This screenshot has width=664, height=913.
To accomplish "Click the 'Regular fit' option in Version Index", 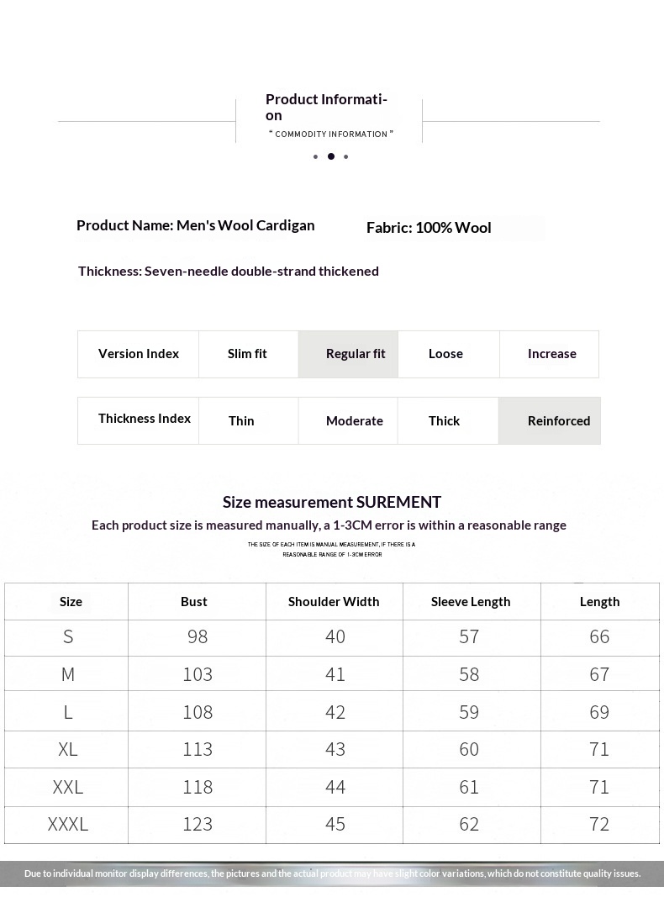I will pyautogui.click(x=355, y=354).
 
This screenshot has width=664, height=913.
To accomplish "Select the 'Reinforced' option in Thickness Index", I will pyautogui.click(x=558, y=420).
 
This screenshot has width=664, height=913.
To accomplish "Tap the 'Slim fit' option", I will pyautogui.click(x=247, y=354).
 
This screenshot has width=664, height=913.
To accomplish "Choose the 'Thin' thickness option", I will pyautogui.click(x=241, y=420).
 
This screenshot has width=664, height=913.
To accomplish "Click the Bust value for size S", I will pyautogui.click(x=198, y=637).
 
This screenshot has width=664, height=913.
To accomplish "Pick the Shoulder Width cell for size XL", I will pyautogui.click(x=335, y=749).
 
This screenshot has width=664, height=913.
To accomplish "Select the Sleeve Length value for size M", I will pyautogui.click(x=469, y=674).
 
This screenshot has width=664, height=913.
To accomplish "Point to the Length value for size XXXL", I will pyautogui.click(x=599, y=824).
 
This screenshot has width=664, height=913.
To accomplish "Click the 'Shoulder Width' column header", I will pyautogui.click(x=334, y=601).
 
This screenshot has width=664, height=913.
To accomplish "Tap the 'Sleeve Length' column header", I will pyautogui.click(x=471, y=601).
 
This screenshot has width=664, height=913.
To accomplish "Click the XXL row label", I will pyautogui.click(x=68, y=787).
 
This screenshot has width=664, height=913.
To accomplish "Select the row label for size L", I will pyautogui.click(x=68, y=712).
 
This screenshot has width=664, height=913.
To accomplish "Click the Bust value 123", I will pyautogui.click(x=198, y=824).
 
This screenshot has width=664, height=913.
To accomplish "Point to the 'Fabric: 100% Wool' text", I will pyautogui.click(x=429, y=228).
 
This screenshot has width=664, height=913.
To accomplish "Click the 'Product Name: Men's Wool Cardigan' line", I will pyautogui.click(x=195, y=225).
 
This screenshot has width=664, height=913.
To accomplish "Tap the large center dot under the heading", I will pyautogui.click(x=331, y=156).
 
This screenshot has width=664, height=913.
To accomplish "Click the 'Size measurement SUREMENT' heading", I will pyautogui.click(x=332, y=502).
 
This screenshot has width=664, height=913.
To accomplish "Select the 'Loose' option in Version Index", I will pyautogui.click(x=445, y=354).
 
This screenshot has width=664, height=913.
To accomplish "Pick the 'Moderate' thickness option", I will pyautogui.click(x=354, y=420).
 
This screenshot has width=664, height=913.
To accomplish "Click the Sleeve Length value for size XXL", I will pyautogui.click(x=469, y=787).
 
